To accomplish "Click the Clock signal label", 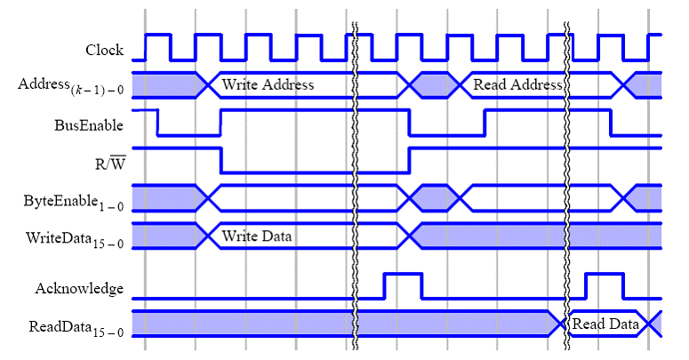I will click(104, 50).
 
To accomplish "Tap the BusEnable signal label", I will click(89, 125).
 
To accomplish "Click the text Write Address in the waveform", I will click(268, 85).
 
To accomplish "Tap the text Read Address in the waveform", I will click(517, 85).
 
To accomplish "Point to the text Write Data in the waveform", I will click(257, 236).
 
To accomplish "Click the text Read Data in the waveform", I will click(605, 324).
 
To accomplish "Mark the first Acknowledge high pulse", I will click(403, 285).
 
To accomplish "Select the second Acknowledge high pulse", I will click(605, 285).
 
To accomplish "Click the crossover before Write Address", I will click(208, 84).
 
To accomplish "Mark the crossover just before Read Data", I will click(562, 324).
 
